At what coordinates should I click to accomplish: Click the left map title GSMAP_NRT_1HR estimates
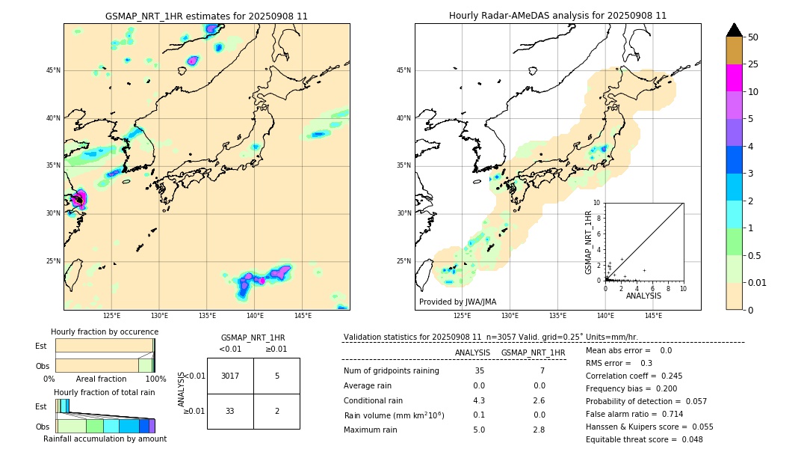pos(206,16)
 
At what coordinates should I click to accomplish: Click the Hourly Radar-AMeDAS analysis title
pos(557,16)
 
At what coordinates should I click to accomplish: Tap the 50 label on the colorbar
pos(753,37)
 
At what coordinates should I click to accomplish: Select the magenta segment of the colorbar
pos(734,78)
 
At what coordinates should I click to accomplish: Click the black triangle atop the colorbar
pos(734,30)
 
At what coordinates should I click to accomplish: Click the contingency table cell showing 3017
pos(230,376)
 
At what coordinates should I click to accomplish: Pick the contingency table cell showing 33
pos(230,411)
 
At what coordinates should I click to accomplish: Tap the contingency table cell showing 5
pos(276,376)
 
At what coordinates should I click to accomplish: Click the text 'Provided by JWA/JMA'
pos(457,302)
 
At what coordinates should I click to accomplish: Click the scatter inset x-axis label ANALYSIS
pos(643,296)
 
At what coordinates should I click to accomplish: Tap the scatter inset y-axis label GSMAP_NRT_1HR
pos(589,242)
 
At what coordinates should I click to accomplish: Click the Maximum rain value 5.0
pos(479,430)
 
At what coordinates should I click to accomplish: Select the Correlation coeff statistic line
pos(634,376)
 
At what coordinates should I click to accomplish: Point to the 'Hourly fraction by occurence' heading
pos(105,332)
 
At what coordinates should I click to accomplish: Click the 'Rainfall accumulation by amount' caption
pos(105,439)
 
